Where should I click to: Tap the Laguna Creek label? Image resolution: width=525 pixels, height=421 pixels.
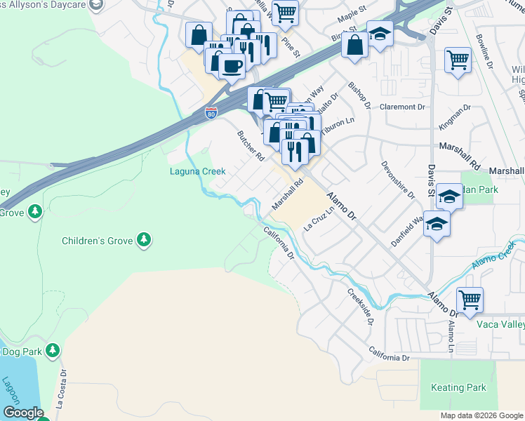click(x=198, y=171)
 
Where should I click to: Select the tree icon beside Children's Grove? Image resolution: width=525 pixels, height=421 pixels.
click(x=144, y=241)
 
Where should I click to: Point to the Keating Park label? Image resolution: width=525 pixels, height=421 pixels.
click(x=458, y=387)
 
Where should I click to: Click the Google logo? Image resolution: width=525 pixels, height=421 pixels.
click(x=23, y=413)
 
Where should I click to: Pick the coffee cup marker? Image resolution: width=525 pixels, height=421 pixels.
click(x=232, y=67)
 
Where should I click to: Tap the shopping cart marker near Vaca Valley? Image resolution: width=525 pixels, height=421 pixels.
click(x=470, y=300)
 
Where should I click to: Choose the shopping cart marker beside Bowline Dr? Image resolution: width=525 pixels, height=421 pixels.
click(x=458, y=60)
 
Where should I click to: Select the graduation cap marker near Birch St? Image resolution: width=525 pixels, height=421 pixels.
click(x=380, y=34)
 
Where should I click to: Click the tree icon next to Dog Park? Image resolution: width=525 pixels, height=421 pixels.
click(x=52, y=349)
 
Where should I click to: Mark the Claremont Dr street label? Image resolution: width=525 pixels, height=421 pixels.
click(x=403, y=107)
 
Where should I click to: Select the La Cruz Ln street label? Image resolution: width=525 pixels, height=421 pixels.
click(x=318, y=220)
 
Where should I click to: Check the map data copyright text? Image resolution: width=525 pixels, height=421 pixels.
click(x=481, y=415)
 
